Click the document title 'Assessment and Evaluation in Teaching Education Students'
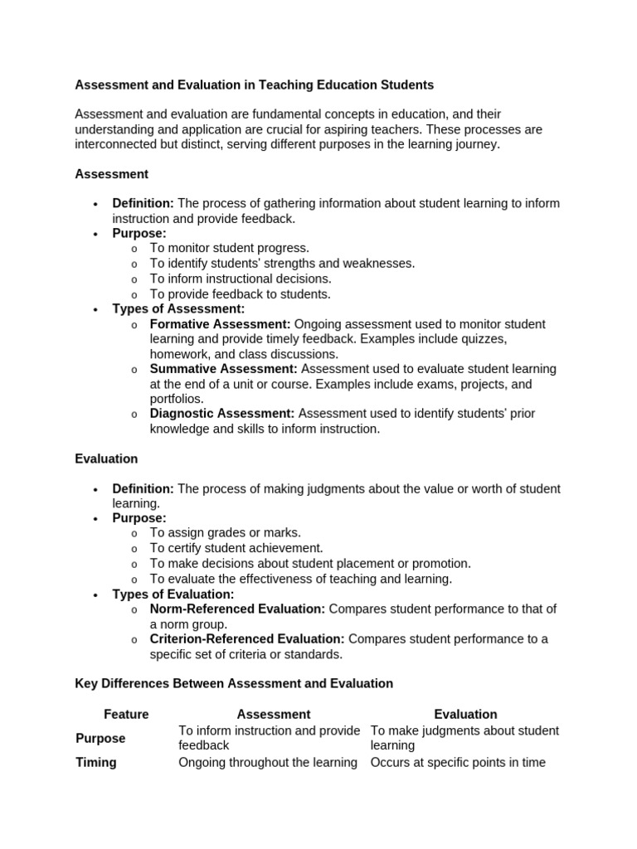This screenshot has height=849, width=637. (254, 85)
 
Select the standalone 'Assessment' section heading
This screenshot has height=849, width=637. (111, 174)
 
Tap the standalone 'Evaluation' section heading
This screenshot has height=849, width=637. (106, 458)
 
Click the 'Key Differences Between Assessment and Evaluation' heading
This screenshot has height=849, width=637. (234, 683)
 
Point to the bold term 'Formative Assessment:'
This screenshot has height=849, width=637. (220, 324)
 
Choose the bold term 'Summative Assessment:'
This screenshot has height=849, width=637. (223, 369)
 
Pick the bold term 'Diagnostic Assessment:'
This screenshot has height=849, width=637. (222, 414)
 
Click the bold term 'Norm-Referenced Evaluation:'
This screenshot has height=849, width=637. (237, 609)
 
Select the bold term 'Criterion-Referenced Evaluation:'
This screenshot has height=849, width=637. (247, 639)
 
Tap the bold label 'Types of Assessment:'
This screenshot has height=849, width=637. (178, 309)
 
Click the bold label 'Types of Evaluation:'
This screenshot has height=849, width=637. (173, 594)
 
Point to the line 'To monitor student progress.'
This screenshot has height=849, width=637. (229, 248)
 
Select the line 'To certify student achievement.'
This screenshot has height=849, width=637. (236, 548)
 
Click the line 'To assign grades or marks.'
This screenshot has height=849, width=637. (225, 533)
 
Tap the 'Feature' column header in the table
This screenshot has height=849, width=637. (126, 714)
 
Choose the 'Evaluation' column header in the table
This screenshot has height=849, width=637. (465, 714)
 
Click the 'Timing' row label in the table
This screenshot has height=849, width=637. (96, 762)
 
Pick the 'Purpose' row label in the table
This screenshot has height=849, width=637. (100, 738)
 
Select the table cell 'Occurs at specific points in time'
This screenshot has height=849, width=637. (458, 762)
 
